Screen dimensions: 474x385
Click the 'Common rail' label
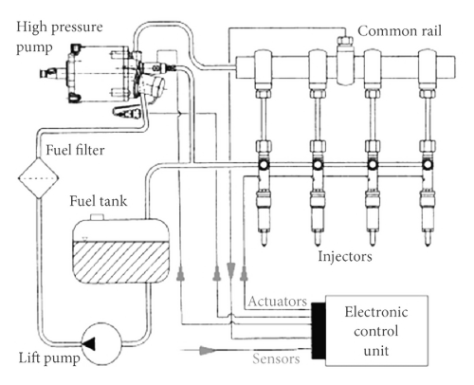click(399, 31)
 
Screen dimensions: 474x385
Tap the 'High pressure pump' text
click(60, 37)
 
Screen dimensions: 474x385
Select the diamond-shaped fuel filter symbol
click(38, 178)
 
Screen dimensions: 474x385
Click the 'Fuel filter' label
click(75, 150)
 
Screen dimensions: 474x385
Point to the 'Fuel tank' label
click(99, 201)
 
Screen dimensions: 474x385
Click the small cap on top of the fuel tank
click(97, 217)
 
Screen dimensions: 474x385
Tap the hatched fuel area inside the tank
click(121, 262)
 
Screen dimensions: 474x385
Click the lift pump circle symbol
click(101, 343)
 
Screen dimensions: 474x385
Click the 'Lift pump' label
click(49, 358)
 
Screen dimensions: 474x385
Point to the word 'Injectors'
click(345, 256)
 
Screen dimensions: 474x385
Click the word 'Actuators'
click(278, 302)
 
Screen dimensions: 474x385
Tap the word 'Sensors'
click(276, 358)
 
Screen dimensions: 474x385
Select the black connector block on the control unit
click(319, 331)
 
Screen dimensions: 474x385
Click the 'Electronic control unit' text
click(376, 331)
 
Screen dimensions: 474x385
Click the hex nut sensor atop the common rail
click(345, 41)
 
